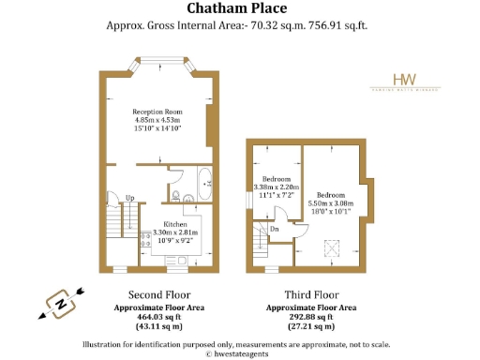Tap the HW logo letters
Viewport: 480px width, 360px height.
404,81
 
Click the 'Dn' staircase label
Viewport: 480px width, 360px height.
274,228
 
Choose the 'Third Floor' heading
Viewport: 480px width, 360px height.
310,293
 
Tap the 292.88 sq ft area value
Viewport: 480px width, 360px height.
310,317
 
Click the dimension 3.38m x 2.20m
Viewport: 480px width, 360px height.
276,187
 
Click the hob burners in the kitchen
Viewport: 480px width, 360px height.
145,241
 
